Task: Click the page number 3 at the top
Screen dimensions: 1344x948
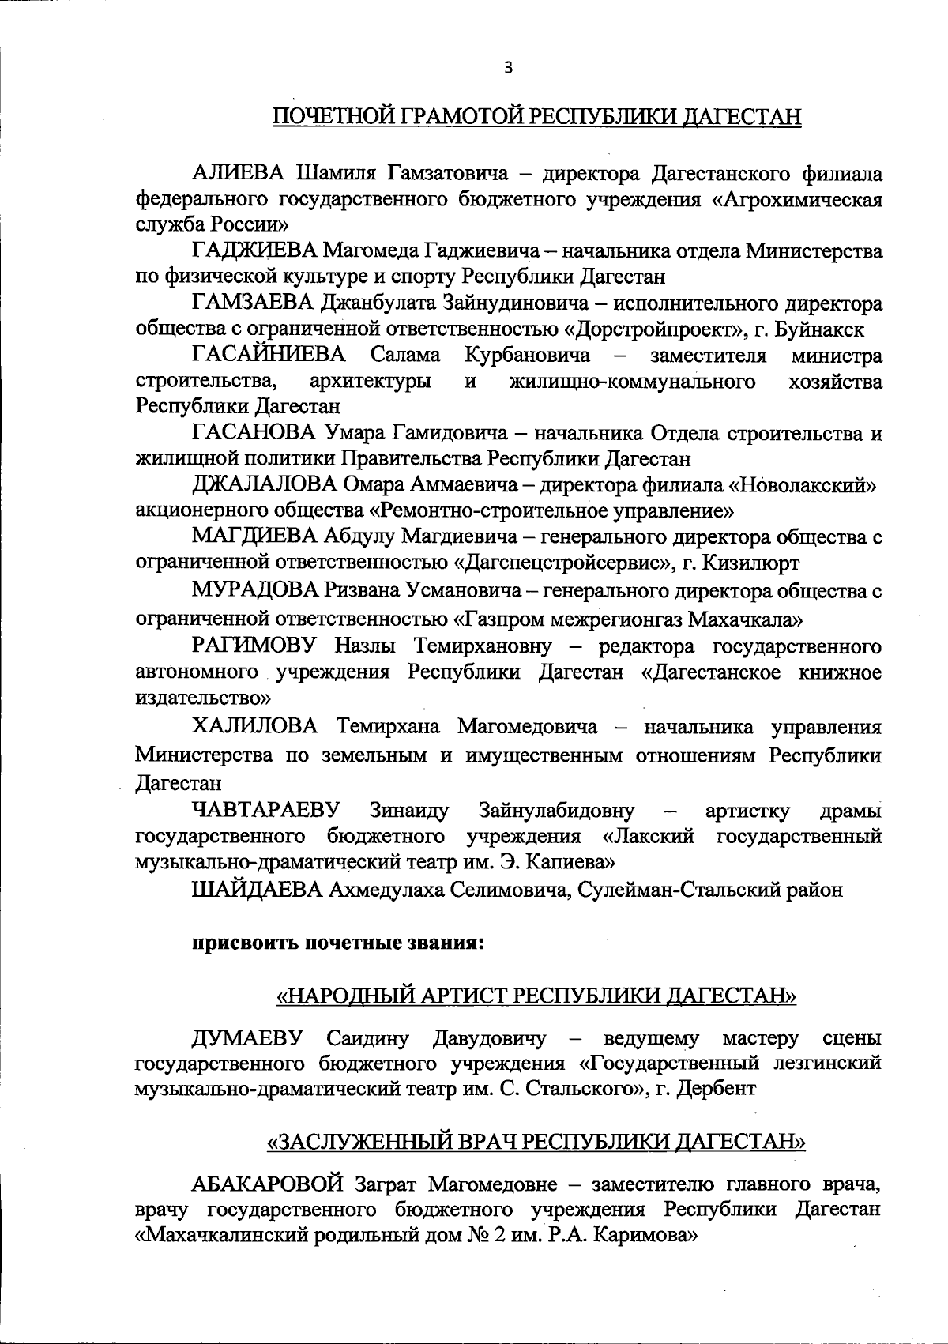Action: [509, 68]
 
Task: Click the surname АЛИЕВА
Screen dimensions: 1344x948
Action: [239, 172]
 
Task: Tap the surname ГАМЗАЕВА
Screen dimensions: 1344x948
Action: [253, 303]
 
